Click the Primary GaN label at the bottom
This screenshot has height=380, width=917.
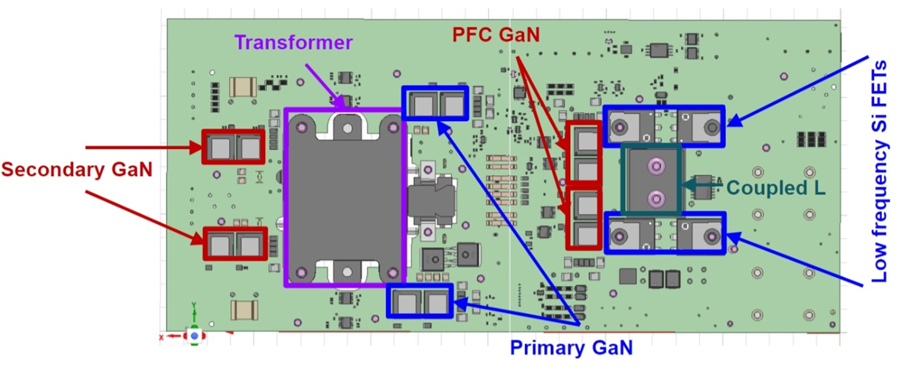(572, 349)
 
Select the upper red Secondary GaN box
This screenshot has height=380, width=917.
(232, 146)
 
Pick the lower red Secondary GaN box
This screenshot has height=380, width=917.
(234, 244)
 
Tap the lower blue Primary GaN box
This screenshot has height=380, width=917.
(420, 301)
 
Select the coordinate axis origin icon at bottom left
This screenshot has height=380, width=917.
(195, 334)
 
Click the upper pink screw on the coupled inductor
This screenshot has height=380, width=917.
(653, 165)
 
